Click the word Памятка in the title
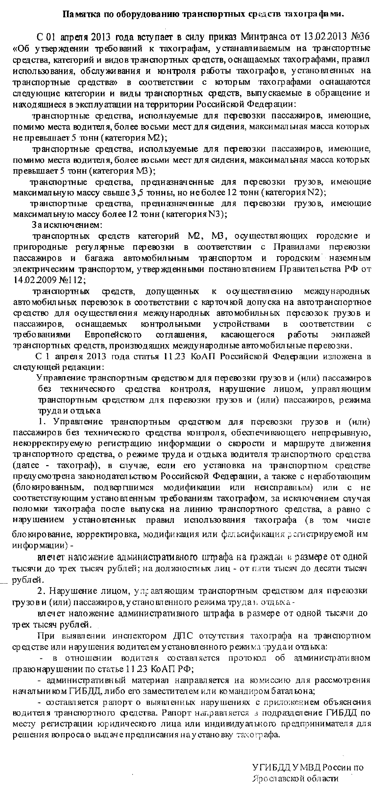coord(79,14)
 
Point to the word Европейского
coord(113,334)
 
